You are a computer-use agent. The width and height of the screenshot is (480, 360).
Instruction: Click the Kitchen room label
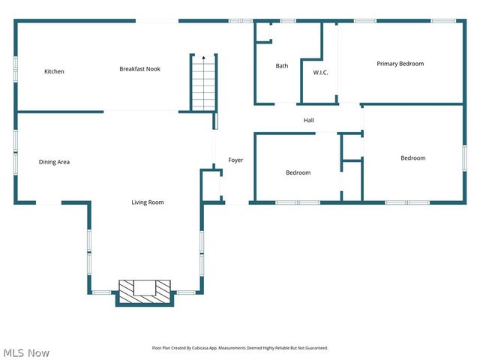(x=54, y=72)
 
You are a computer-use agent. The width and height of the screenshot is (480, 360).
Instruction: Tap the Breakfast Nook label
(x=139, y=69)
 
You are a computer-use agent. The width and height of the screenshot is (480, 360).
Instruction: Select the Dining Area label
(x=54, y=162)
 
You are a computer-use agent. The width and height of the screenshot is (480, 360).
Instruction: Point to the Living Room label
(x=148, y=202)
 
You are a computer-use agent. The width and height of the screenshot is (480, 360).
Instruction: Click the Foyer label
(x=235, y=160)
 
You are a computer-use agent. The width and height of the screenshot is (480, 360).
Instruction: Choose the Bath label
(x=281, y=66)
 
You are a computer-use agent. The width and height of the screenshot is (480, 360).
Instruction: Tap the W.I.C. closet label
(x=320, y=73)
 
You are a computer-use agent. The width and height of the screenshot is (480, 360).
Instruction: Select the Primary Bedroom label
(x=400, y=64)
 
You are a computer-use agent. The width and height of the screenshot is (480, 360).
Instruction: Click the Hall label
(x=309, y=120)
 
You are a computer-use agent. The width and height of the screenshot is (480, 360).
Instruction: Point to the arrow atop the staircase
(x=203, y=57)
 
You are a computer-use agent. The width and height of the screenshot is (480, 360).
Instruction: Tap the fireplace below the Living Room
(x=145, y=291)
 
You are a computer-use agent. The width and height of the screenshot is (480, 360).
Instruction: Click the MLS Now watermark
(x=26, y=352)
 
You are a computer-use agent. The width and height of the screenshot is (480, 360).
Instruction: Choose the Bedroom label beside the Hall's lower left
(x=298, y=173)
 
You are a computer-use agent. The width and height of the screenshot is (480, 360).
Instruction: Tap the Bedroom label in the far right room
(x=412, y=158)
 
